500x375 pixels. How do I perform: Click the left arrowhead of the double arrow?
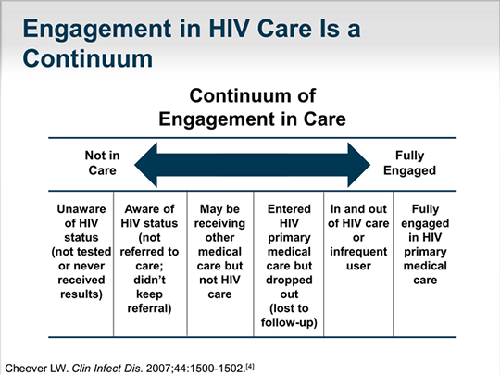click(145, 165)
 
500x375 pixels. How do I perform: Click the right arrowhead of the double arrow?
click(359, 165)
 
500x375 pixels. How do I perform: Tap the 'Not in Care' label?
click(102, 163)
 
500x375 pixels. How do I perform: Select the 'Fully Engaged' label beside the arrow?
click(410, 163)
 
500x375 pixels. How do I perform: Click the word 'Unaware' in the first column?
click(81, 209)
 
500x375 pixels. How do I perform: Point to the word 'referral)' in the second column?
click(149, 308)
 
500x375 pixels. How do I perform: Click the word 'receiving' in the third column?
click(219, 223)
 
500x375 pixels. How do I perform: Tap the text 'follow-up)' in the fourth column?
click(289, 322)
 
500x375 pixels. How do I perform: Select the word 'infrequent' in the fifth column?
click(358, 252)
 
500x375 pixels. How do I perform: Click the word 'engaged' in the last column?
click(425, 223)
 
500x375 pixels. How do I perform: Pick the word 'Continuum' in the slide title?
click(88, 58)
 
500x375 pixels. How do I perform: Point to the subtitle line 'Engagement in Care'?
click(252, 119)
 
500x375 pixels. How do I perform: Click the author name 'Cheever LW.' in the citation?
click(37, 369)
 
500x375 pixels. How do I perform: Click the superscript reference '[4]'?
click(250, 367)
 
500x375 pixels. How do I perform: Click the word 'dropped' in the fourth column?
click(289, 280)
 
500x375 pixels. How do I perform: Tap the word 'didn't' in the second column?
click(149, 280)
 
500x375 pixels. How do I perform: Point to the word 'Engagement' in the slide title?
click(97, 30)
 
